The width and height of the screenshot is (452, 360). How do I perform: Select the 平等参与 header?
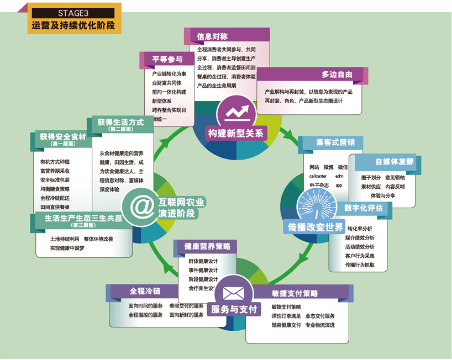[x=167, y=60]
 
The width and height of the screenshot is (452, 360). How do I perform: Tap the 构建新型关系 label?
[x=236, y=134]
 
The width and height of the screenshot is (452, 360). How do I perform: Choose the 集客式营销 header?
[x=332, y=142]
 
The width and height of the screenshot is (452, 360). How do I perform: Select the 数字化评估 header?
[x=363, y=208]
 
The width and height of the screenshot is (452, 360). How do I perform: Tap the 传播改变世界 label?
[x=312, y=227]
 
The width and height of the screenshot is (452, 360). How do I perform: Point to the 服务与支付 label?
[x=234, y=309]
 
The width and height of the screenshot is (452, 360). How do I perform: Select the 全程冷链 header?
[x=145, y=291]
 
